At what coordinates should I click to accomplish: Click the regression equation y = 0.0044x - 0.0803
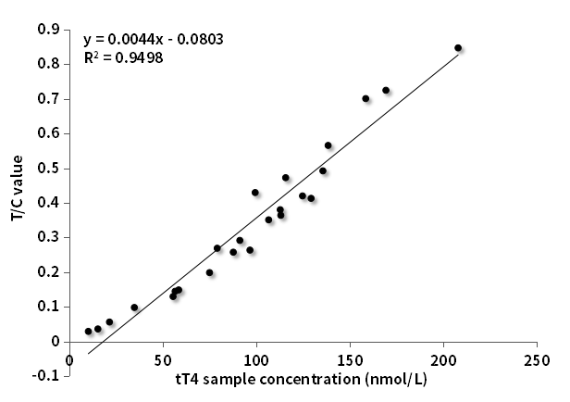[x=153, y=40]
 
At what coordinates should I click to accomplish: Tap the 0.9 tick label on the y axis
[x=48, y=30]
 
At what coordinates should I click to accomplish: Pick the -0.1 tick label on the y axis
[x=46, y=376]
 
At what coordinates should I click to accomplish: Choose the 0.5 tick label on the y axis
[x=48, y=169]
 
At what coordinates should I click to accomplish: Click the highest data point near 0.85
[x=458, y=47]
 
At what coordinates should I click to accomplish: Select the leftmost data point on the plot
[x=89, y=331]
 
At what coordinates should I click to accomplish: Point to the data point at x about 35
[x=134, y=308]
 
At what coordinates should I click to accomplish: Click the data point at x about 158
[x=366, y=98]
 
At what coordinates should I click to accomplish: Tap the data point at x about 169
[x=386, y=91]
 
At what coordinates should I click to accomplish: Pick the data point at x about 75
[x=209, y=272]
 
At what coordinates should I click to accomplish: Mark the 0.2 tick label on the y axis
[x=48, y=272]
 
